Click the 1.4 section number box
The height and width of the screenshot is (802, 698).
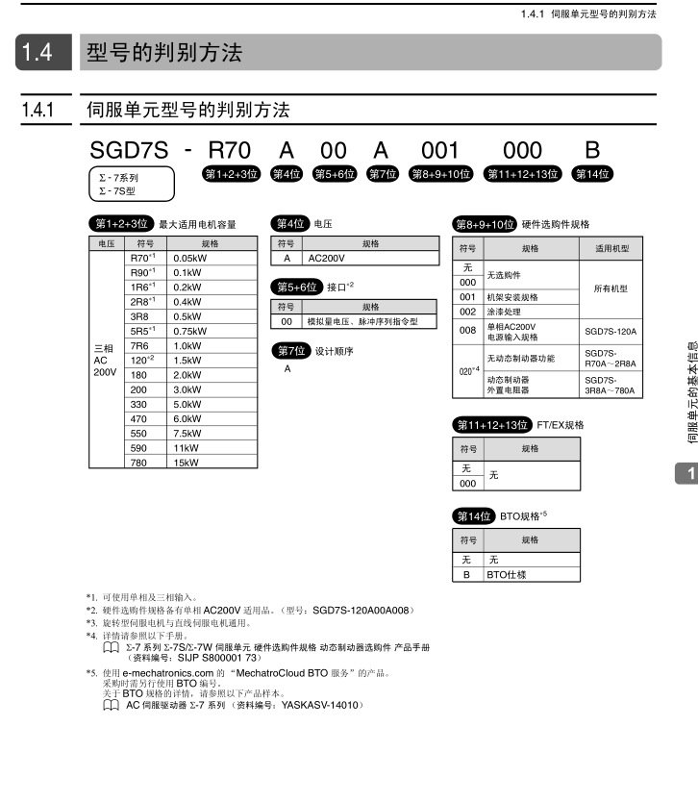point(43,52)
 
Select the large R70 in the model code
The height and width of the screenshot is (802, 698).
point(230,150)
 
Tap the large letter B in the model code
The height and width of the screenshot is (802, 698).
point(592,150)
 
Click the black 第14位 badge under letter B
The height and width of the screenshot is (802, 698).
point(592,174)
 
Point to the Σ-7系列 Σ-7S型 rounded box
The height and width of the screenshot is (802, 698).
point(132,184)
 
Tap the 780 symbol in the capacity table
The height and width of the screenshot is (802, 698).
point(138,463)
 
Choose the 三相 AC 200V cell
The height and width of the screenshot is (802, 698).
point(105,360)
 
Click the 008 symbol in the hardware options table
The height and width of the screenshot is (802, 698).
point(467,331)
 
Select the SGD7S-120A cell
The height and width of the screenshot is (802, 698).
point(611,332)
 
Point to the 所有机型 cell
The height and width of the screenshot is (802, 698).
point(611,289)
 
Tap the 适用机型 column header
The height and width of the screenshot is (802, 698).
point(611,248)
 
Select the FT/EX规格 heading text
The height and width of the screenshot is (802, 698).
point(560,425)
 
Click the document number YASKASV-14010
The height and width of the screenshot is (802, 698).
point(319,705)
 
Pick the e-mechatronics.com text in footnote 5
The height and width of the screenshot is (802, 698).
point(167,673)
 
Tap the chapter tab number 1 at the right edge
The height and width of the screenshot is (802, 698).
point(691,474)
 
